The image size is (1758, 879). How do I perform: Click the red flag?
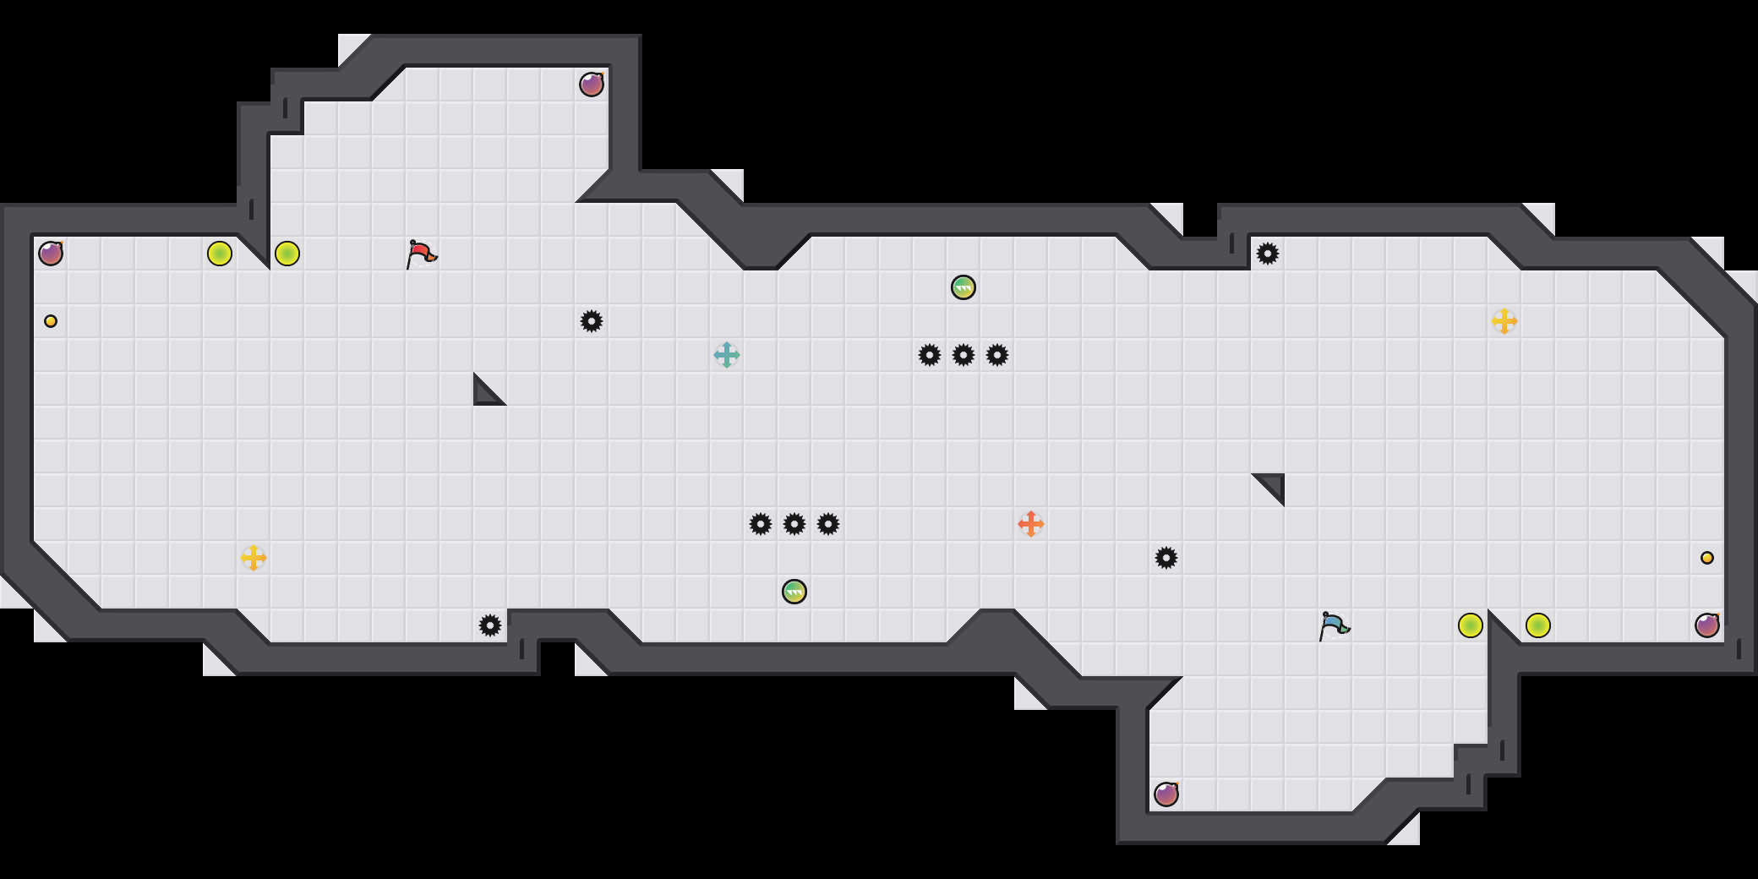[x=420, y=254]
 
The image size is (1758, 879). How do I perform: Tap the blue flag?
[x=1333, y=625]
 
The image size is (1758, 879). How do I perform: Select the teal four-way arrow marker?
[x=727, y=355]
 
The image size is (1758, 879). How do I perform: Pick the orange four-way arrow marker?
[x=1031, y=524]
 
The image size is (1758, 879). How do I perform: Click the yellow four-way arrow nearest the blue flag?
[x=1504, y=321]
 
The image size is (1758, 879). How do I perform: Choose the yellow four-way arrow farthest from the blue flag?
[x=254, y=558]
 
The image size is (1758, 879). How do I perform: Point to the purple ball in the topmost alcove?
[x=592, y=85]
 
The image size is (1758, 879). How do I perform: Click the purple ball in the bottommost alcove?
[x=1166, y=794]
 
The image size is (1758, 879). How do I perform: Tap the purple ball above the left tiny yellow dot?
[x=51, y=254]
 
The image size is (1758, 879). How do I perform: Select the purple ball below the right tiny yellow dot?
[x=1707, y=625]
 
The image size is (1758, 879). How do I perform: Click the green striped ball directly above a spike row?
[x=964, y=287]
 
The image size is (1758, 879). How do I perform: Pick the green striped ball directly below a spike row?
[x=794, y=592]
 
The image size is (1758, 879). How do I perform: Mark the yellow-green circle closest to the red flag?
[x=287, y=254]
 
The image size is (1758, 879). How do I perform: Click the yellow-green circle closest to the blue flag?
[x=1471, y=625]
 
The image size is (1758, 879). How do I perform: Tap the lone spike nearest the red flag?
[x=592, y=321]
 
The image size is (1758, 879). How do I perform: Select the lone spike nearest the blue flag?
[x=1166, y=558]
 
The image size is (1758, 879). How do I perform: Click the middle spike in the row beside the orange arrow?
[x=794, y=524]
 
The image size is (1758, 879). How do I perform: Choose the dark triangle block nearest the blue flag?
[x=1273, y=485]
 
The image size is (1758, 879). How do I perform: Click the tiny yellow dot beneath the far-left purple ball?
[x=51, y=321]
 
